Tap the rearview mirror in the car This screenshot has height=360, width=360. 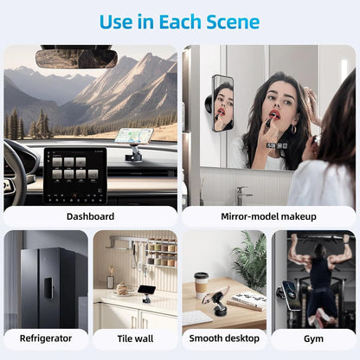[76, 58]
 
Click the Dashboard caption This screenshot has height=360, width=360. [90, 216]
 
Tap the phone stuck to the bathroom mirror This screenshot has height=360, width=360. [222, 103]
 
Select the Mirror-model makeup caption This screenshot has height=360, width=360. [269, 216]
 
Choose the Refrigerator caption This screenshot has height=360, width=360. [45, 338]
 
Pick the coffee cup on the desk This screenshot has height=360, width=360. [202, 284]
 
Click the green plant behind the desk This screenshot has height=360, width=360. [251, 260]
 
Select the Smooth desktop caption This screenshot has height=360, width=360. [224, 338]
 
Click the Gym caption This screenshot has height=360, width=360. [313, 338]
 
